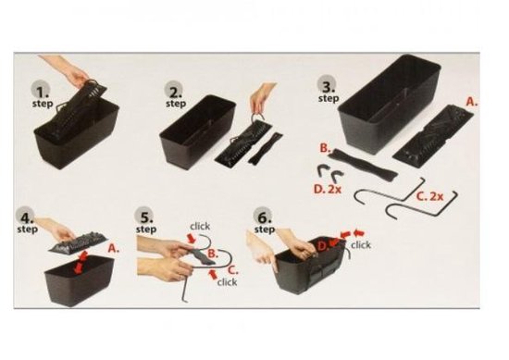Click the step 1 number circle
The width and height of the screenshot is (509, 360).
41,91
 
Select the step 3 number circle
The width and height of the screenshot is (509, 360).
328,85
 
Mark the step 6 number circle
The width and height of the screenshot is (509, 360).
263,216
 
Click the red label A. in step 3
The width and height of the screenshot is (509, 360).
472,102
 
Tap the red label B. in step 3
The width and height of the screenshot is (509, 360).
325,148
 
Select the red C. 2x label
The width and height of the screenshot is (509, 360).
429,196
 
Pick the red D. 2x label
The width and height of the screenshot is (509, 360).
328,189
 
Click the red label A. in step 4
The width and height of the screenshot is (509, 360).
114,248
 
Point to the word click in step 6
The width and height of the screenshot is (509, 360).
361,244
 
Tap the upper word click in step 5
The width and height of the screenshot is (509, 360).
200,226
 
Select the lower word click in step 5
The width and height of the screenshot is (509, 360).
227,282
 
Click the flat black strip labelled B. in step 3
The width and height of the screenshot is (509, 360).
363,164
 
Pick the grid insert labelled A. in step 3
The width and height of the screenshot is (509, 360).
434,136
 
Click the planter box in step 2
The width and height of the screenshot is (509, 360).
197,130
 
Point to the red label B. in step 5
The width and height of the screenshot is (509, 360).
213,254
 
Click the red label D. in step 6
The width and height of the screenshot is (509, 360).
322,246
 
